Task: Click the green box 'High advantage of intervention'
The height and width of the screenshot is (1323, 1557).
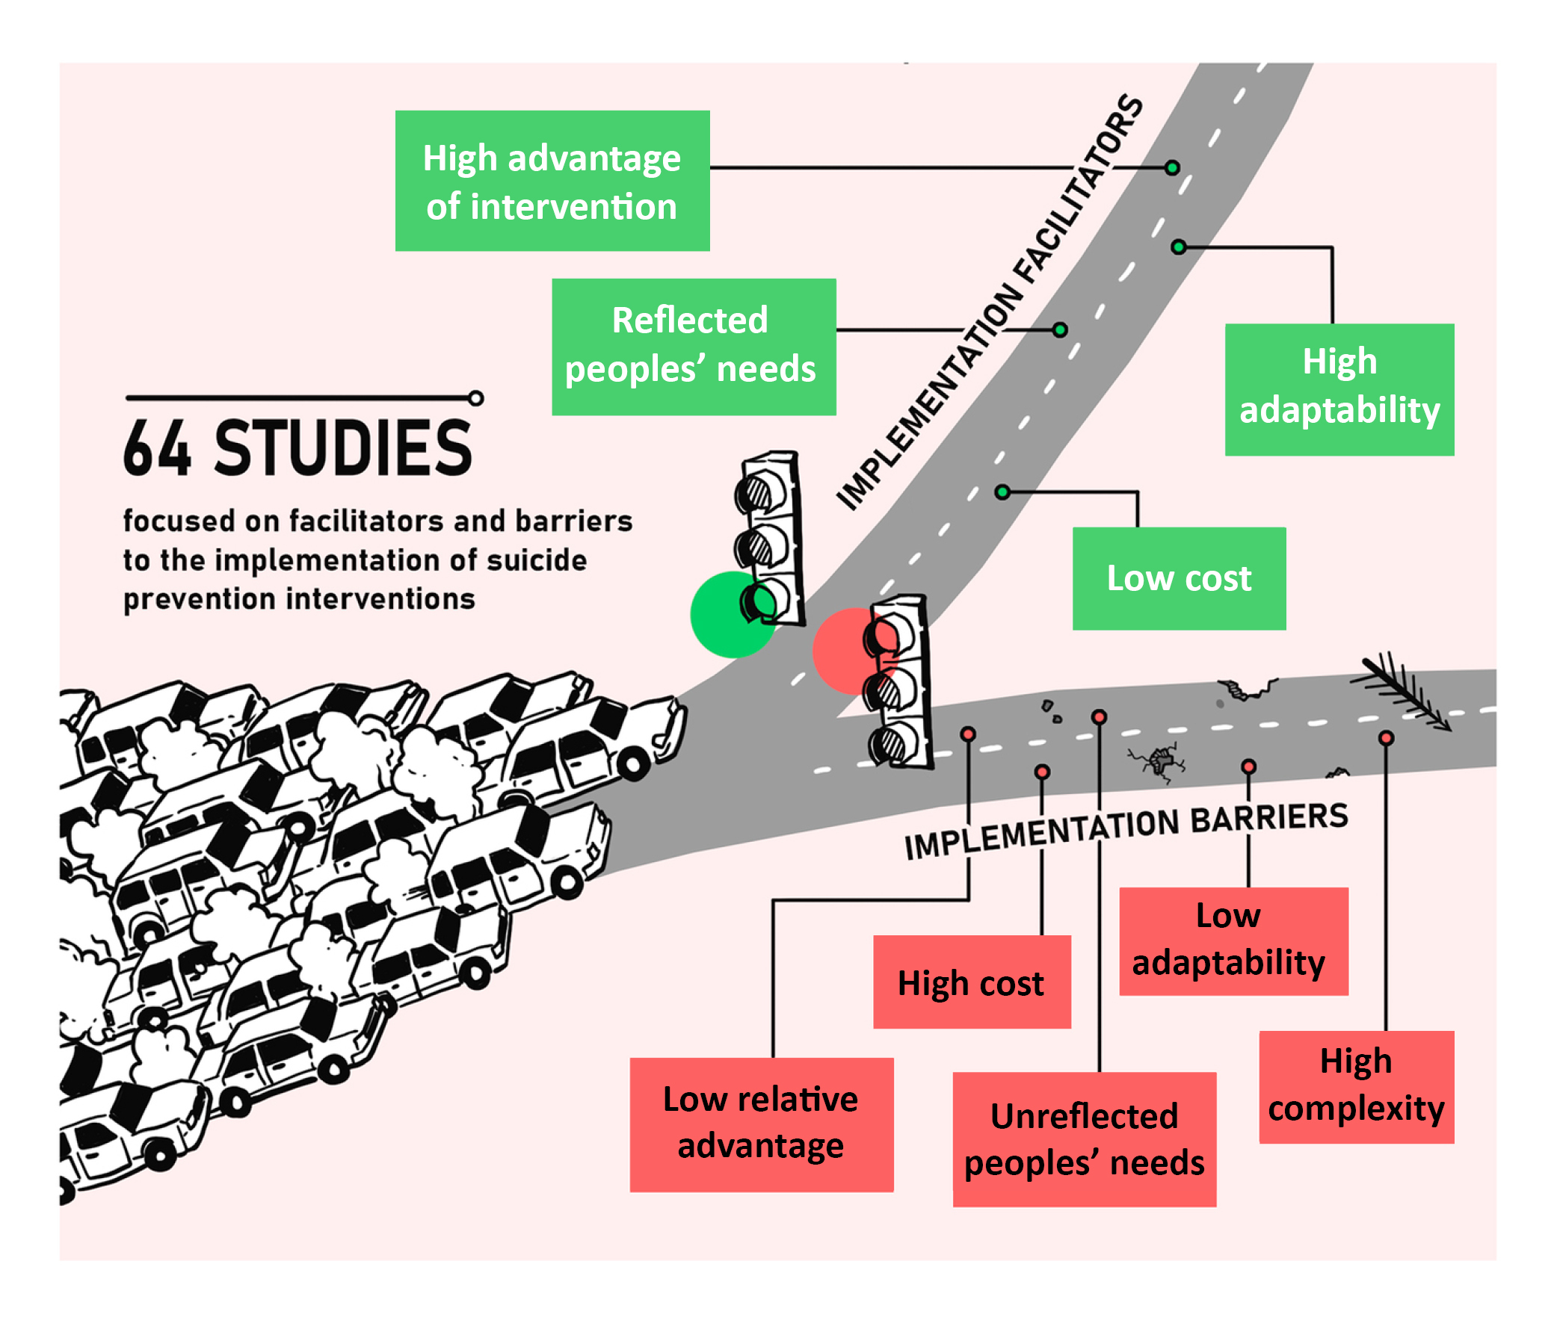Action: (552, 181)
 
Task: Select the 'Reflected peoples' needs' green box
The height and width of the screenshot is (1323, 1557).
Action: (694, 347)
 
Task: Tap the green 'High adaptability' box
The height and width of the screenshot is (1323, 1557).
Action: (1339, 389)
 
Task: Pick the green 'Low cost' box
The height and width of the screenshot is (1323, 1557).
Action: (1178, 578)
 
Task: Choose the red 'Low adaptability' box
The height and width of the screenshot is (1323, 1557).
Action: (1233, 941)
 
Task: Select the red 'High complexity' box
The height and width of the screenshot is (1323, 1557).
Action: (1356, 1086)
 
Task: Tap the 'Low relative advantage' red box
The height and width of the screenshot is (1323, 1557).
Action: (761, 1124)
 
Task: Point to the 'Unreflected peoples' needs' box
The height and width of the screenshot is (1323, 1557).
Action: (1084, 1138)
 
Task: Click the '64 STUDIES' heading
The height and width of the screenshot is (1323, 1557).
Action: (298, 448)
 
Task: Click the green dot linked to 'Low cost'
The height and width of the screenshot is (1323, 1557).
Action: (1002, 492)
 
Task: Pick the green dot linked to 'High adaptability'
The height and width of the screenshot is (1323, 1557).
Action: (1179, 247)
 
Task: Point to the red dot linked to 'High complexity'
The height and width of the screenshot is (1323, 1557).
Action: (1386, 738)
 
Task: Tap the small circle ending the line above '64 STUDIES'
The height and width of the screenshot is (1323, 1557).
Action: (475, 397)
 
